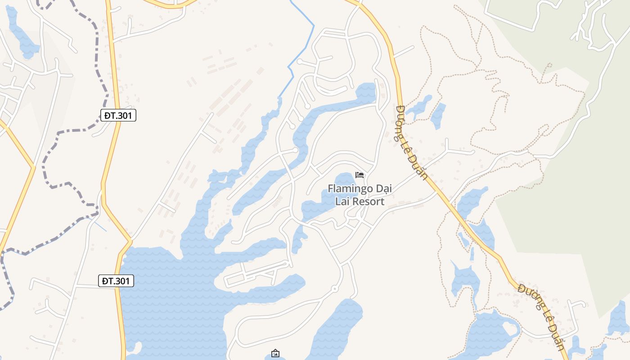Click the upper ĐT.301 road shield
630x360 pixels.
pos(118,116)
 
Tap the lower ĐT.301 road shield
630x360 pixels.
pos(116,281)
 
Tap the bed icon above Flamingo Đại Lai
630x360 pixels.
pos(359,175)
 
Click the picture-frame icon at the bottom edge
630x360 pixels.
pos(275,354)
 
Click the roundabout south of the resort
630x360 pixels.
pos(334,288)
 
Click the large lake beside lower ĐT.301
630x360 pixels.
pos(171,297)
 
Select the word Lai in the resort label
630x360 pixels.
pos(342,202)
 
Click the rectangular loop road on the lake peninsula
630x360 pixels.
pos(256,273)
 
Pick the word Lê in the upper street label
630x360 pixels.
pos(409,148)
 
